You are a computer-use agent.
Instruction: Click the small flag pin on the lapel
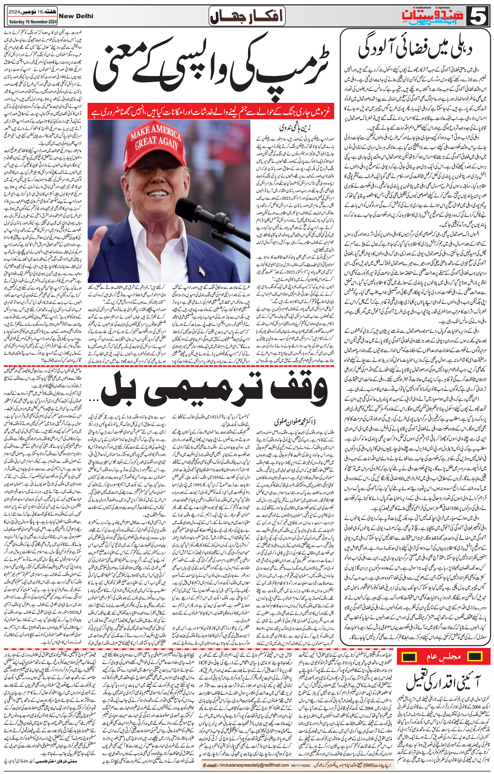[x=202, y=272]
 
